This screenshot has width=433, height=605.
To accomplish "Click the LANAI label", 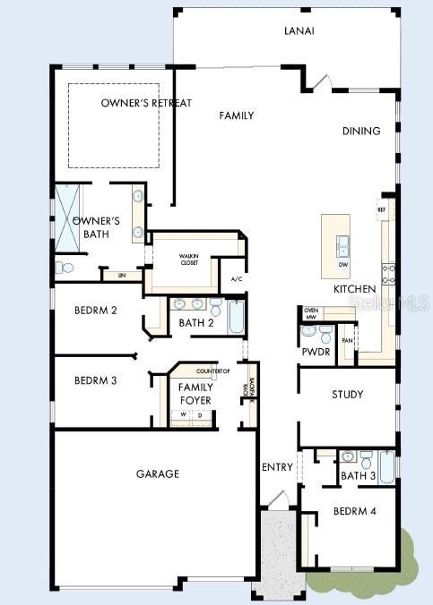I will [301, 31].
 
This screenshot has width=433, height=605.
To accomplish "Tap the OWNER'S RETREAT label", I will [146, 103].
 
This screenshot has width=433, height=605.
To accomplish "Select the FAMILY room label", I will [237, 115].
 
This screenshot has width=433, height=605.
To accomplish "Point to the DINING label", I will [361, 131].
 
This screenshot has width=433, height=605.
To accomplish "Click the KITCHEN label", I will [354, 290].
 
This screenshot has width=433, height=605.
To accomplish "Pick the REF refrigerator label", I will [381, 209].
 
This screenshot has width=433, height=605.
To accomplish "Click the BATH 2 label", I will [195, 323].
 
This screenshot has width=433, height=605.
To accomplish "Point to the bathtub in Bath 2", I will [236, 318].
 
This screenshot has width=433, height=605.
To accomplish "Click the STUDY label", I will [347, 395].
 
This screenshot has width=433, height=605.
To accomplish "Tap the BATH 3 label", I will [358, 476].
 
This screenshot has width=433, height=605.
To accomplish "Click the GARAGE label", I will [158, 473].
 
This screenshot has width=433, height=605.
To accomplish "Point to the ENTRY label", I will [277, 467].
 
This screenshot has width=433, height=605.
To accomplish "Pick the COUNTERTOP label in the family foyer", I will [213, 371].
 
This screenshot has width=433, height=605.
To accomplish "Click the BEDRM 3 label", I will [96, 380].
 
